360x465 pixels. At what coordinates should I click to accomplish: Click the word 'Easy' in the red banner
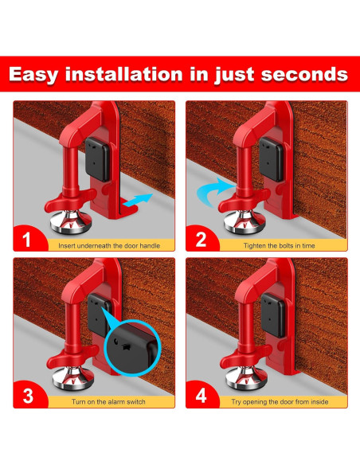coord(33,75)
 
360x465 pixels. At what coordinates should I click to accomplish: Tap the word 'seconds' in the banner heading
coord(304,74)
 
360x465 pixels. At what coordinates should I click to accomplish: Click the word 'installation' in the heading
coord(123,74)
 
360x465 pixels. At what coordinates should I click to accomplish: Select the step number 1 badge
coord(27,240)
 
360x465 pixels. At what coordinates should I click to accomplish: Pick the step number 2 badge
coord(201,240)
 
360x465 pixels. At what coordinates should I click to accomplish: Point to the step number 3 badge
coord(28,396)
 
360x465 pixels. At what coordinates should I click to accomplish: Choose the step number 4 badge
coord(201,396)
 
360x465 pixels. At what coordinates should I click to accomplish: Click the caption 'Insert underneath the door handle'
coord(109,246)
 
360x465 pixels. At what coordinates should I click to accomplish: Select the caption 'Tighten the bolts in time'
coord(279,246)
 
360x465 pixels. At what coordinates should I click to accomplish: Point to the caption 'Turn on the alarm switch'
coord(108,402)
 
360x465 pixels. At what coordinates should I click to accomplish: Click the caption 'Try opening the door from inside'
coord(280,402)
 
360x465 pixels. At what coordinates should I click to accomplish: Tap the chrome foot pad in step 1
coord(71,221)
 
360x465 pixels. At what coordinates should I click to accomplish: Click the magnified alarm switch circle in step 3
coord(133,348)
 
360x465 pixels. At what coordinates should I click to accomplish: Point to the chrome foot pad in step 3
coord(73,377)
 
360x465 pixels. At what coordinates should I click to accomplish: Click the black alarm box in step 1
coord(98,159)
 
